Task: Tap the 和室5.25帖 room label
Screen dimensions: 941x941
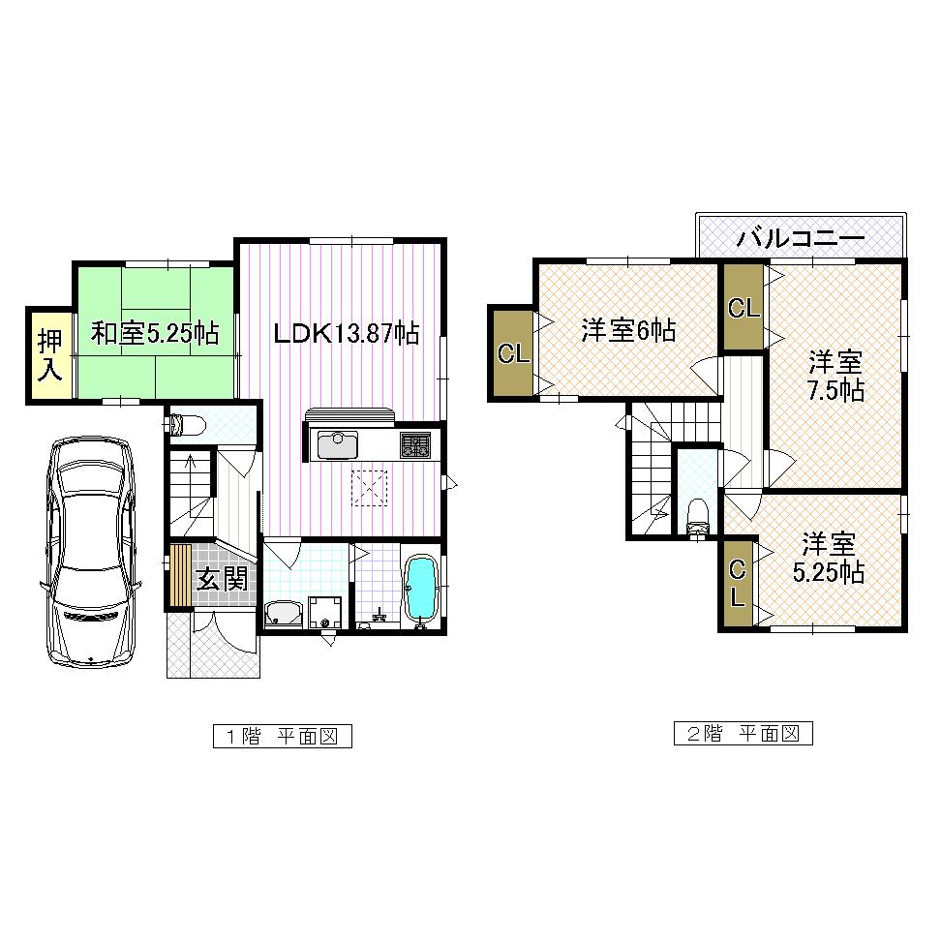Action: click(155, 334)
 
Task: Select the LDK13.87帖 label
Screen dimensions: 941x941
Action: click(346, 334)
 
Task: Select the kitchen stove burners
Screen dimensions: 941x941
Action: click(416, 445)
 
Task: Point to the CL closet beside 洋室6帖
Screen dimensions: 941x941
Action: click(513, 353)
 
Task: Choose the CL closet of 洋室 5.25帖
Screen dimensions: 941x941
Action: click(737, 583)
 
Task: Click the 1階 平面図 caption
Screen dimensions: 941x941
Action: click(281, 736)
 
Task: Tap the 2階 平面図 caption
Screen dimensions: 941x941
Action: click(743, 734)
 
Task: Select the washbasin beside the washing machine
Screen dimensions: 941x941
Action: click(284, 614)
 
